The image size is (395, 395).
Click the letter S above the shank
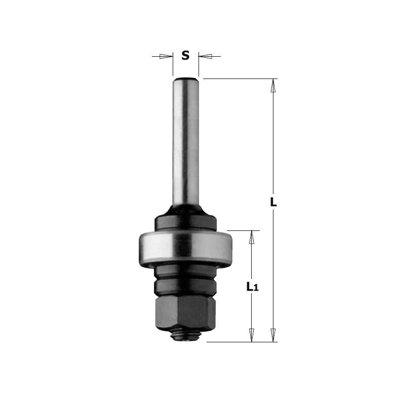185,56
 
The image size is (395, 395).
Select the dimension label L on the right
273,202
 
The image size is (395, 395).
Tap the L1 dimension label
251,287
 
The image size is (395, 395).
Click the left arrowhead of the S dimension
166,56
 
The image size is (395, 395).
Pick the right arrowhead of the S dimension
205,56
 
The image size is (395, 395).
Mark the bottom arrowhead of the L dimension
273,335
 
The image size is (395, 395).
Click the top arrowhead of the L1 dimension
251,238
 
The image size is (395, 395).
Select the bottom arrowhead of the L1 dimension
251,335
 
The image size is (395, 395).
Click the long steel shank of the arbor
185,142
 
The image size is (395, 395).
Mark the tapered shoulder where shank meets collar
185,209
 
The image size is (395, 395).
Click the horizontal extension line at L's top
238,78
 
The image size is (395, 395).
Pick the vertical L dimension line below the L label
273,268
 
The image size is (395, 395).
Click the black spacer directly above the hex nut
185,288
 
